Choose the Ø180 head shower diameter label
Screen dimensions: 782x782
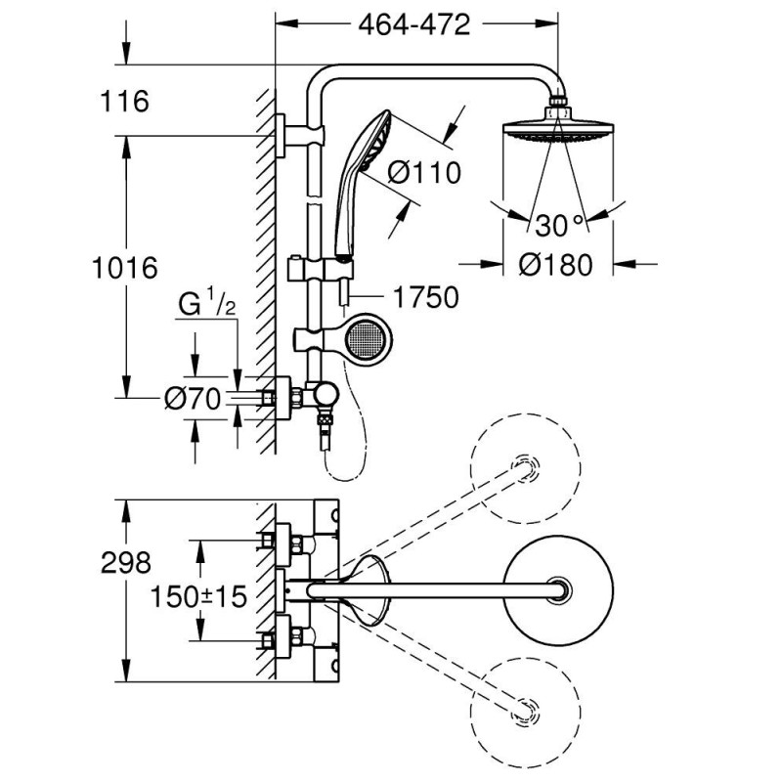[x=555, y=264]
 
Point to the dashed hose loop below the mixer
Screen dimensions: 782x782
[x=347, y=459]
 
